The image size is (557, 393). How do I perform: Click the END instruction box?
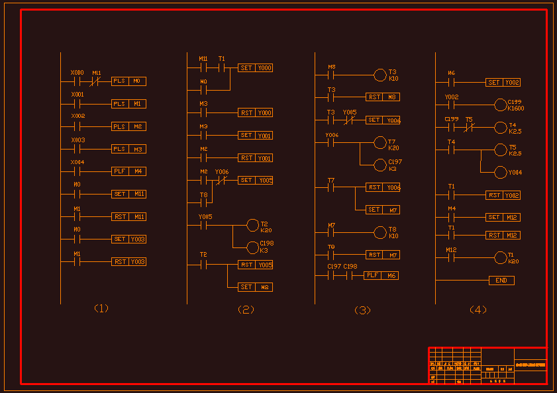click(501, 281)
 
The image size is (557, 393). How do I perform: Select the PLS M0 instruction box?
click(128, 81)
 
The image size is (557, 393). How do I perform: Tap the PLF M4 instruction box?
click(128, 171)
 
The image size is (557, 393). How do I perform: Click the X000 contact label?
click(77, 73)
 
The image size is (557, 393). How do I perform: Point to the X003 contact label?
click(77, 140)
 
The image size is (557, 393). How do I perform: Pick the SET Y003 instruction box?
click(128, 239)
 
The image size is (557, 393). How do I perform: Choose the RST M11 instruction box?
click(128, 216)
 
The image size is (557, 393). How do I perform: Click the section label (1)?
click(101, 308)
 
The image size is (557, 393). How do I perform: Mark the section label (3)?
click(362, 310)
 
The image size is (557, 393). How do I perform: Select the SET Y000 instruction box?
click(255, 67)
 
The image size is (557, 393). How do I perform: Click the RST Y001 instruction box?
click(255, 158)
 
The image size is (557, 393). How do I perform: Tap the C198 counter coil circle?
click(252, 247)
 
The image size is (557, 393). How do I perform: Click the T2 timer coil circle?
click(252, 225)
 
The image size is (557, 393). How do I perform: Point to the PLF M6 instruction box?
click(381, 275)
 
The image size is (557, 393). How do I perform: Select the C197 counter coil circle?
click(380, 165)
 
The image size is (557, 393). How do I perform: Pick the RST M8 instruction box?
click(383, 97)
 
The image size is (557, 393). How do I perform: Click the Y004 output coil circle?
click(501, 172)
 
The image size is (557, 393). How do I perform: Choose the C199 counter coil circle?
click(501, 105)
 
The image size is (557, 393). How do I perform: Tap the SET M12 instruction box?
click(503, 217)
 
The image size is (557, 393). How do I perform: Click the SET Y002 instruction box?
click(503, 83)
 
